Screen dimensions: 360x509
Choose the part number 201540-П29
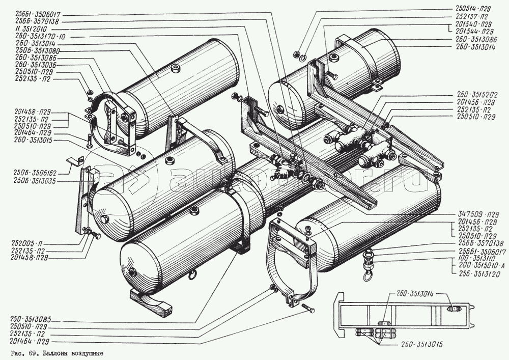tap(474, 23)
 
